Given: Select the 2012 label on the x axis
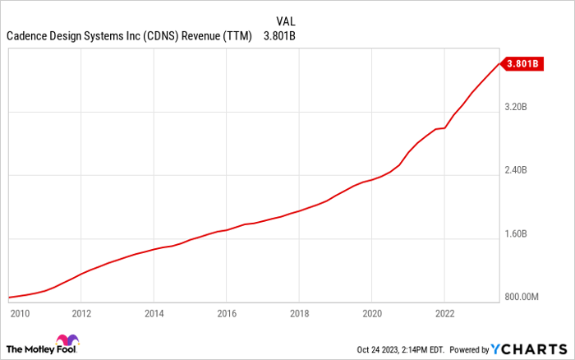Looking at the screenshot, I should (81, 312).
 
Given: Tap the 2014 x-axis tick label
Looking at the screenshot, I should (154, 312).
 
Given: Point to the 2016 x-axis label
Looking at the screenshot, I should (227, 312).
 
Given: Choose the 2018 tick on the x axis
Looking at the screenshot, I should (299, 312).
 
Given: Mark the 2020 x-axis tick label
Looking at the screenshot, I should (372, 312).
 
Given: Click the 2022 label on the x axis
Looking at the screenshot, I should (444, 312).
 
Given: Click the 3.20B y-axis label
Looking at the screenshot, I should (520, 108).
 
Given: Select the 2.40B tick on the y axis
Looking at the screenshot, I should (520, 171).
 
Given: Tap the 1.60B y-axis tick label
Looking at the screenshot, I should (520, 234).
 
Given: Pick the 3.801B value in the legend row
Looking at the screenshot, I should (280, 36).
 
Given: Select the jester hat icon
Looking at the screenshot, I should (67, 343).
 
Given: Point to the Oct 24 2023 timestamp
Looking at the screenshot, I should (402, 348).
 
